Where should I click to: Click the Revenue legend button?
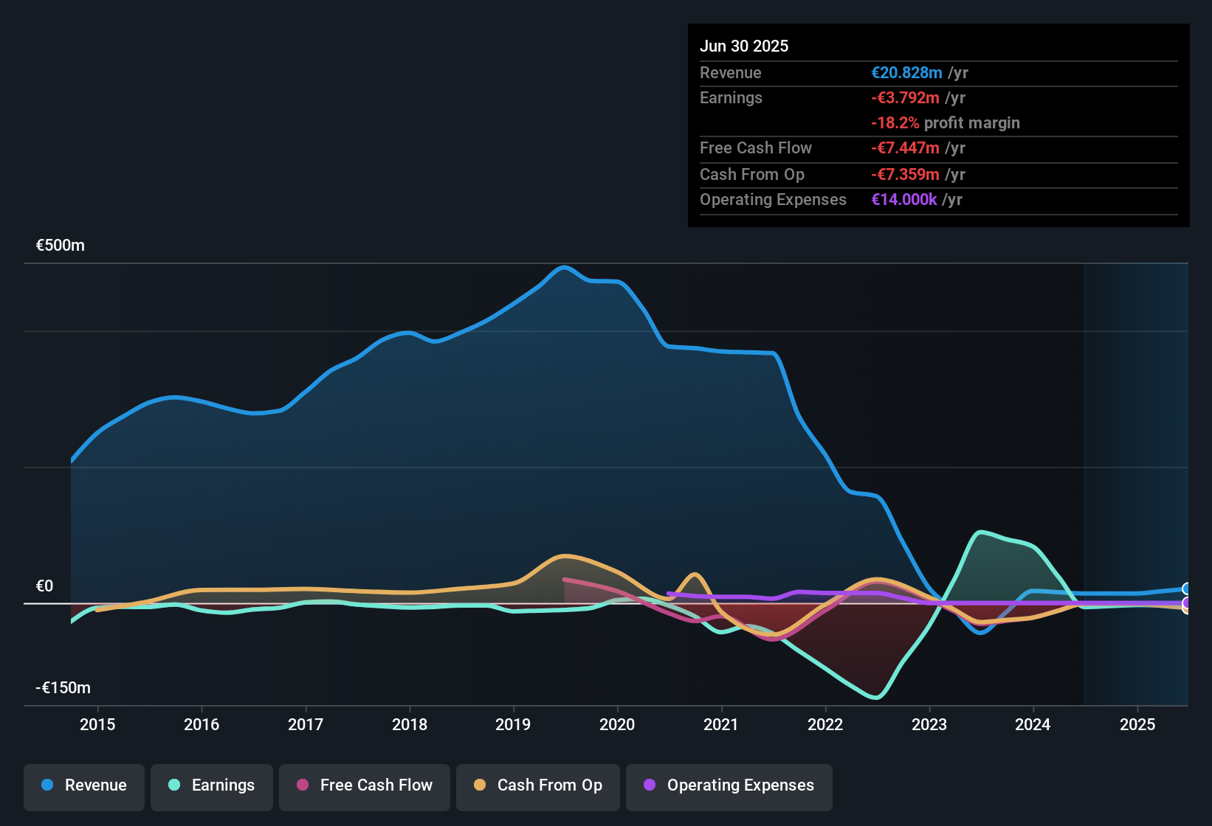click(84, 785)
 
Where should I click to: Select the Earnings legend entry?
click(212, 785)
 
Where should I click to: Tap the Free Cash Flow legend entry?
click(365, 785)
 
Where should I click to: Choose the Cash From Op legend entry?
click(538, 785)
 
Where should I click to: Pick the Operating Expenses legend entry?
click(729, 785)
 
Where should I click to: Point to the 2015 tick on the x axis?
click(97, 724)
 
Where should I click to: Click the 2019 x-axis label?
click(513, 724)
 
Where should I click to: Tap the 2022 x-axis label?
click(825, 724)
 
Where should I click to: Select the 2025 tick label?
click(1137, 724)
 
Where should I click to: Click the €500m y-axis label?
click(61, 246)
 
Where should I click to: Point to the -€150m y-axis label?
click(63, 688)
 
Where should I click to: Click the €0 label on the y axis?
click(45, 586)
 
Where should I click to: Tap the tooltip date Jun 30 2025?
click(744, 46)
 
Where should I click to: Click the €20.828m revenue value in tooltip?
click(906, 73)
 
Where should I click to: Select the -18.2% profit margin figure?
click(895, 123)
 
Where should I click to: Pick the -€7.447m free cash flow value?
click(905, 148)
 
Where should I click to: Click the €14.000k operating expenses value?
click(904, 200)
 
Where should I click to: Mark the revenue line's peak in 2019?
click(565, 267)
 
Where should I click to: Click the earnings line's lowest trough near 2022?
click(876, 697)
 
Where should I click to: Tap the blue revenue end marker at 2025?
click(1186, 589)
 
